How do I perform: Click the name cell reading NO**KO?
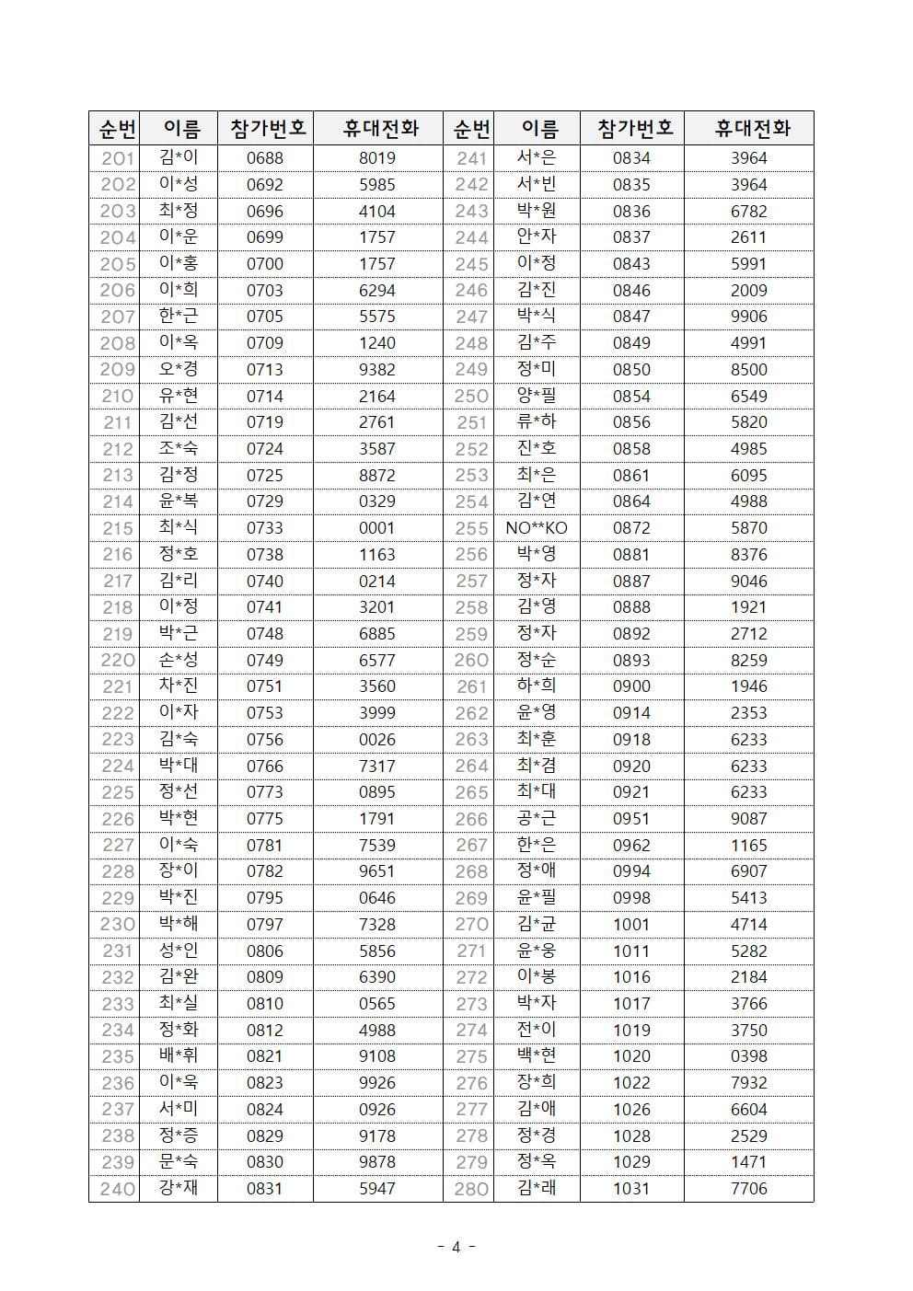(537, 528)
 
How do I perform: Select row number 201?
(118, 158)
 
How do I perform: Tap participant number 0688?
(265, 158)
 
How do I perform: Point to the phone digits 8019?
(377, 158)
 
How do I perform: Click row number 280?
(471, 1189)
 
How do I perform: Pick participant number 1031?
(631, 1189)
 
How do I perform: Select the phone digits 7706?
(748, 1189)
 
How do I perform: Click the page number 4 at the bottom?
(456, 1248)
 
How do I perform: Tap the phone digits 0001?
(377, 528)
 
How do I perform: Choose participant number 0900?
(631, 686)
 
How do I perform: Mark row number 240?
(118, 1189)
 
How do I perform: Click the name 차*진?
(179, 686)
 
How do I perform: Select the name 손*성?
(179, 660)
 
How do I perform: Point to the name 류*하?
(537, 422)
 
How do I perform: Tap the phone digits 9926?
(377, 1083)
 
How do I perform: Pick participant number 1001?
(631, 925)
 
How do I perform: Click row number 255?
(471, 528)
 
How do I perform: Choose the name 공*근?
(537, 819)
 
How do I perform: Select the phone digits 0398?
(748, 1056)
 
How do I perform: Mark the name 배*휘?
(179, 1056)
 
